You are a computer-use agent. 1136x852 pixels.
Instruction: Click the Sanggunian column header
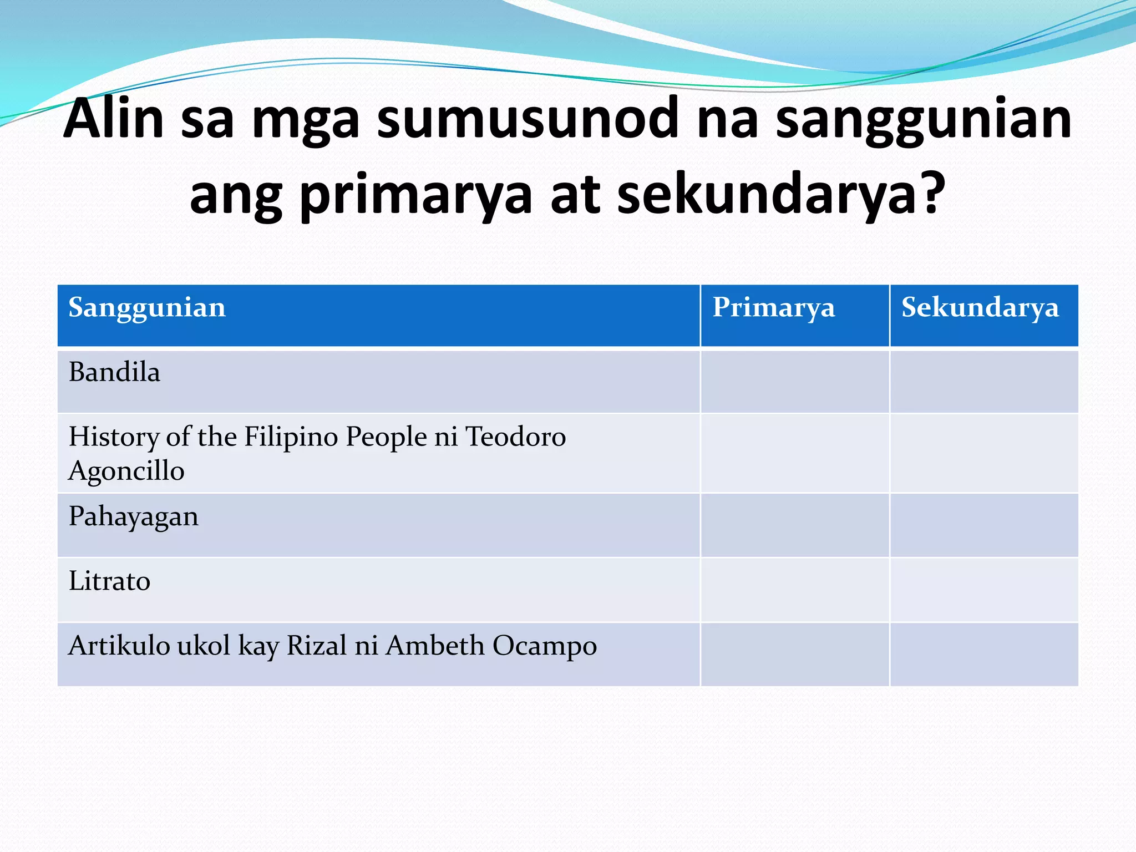[147, 308]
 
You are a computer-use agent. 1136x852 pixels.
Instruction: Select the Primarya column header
[773, 308]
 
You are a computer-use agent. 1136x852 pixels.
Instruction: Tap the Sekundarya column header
[980, 308]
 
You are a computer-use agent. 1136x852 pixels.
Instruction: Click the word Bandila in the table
[114, 372]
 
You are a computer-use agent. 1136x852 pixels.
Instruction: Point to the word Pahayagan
[133, 518]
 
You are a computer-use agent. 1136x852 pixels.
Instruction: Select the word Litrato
[109, 581]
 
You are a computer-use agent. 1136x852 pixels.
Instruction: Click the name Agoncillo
[126, 471]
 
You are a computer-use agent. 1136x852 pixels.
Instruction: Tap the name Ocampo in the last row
[544, 646]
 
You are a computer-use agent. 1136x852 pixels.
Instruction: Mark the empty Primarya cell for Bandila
[794, 382]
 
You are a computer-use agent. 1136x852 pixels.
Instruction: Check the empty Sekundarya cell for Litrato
[984, 590]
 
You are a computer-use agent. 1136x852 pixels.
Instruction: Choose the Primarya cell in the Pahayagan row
[794, 525]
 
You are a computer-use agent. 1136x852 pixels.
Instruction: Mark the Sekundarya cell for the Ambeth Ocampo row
[984, 655]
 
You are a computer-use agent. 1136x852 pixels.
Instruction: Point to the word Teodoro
[515, 437]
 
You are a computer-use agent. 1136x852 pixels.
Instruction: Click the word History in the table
[114, 437]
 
